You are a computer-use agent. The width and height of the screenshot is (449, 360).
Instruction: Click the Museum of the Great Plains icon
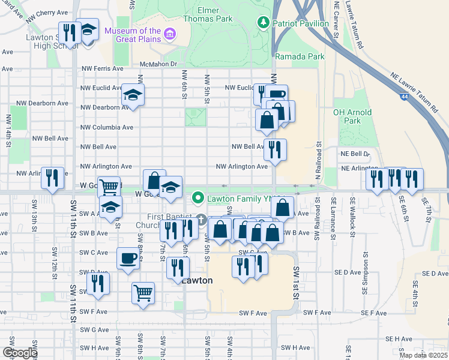point(170,35)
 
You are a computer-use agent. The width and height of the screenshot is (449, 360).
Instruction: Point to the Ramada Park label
point(300,56)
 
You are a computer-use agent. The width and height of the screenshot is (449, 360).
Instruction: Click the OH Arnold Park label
point(352,117)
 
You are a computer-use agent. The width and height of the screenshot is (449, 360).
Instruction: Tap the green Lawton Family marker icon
point(197,197)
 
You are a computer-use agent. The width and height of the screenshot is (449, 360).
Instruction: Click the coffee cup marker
point(127,258)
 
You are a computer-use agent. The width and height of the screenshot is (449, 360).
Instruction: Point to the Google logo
point(19,353)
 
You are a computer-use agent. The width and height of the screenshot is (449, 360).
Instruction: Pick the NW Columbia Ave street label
point(107,127)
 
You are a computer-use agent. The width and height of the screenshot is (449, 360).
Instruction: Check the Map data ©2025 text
point(423,355)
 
